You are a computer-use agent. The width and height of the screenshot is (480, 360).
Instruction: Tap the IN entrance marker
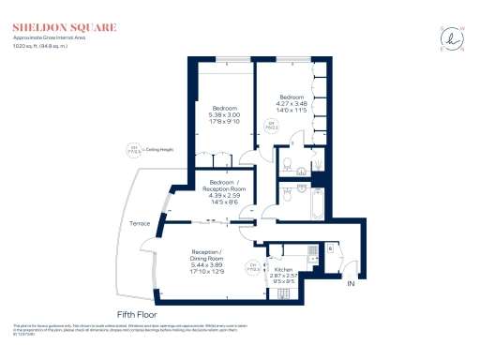(352, 282)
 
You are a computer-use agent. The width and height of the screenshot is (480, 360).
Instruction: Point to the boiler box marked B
(330, 249)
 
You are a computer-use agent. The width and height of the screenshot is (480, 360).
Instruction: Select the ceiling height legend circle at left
(133, 146)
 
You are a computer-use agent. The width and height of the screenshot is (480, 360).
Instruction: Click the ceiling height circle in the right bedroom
(271, 125)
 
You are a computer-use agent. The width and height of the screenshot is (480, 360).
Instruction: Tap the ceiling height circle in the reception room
(250, 265)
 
